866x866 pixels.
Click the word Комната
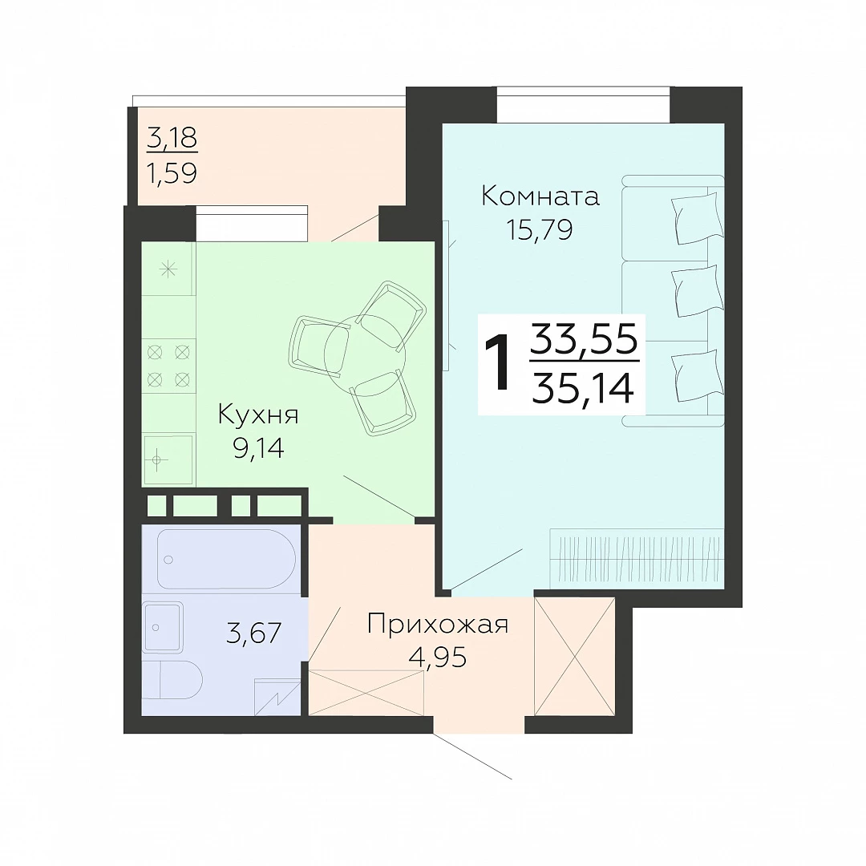click(x=540, y=196)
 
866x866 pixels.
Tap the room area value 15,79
click(x=540, y=230)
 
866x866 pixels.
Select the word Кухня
click(x=258, y=415)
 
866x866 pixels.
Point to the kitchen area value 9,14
click(x=258, y=448)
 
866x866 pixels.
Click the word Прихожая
click(x=438, y=625)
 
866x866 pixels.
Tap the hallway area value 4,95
click(x=438, y=658)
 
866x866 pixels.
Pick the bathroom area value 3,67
click(x=253, y=633)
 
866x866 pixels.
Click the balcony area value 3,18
click(x=172, y=138)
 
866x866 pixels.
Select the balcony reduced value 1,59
click(x=172, y=172)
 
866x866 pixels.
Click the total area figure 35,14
click(x=582, y=387)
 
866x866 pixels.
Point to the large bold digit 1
click(x=499, y=362)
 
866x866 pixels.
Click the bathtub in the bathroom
click(x=226, y=559)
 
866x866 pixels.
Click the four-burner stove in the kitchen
click(x=168, y=366)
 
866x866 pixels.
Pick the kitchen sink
click(x=168, y=459)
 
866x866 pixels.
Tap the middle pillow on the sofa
click(x=697, y=291)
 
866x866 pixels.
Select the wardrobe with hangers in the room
click(x=636, y=558)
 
